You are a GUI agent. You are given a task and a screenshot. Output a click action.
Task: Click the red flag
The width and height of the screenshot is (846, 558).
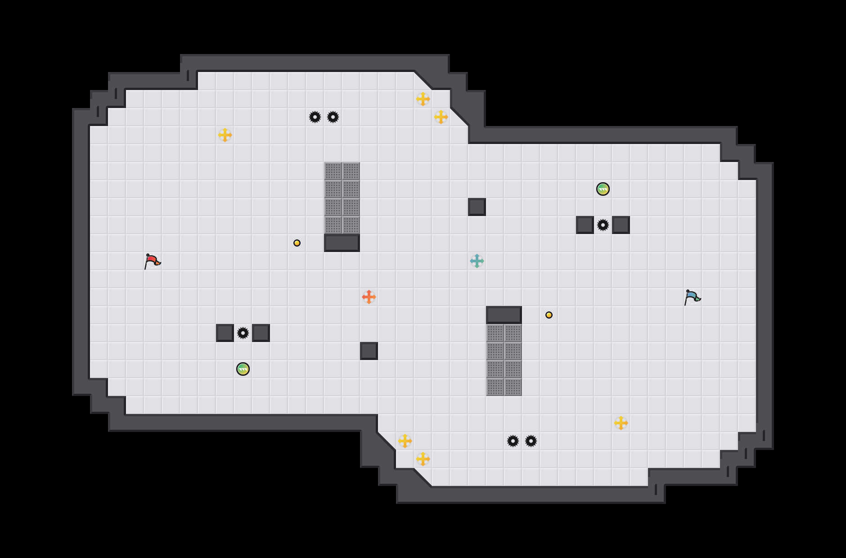click(152, 261)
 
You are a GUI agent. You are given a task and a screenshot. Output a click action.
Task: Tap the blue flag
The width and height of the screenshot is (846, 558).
click(692, 297)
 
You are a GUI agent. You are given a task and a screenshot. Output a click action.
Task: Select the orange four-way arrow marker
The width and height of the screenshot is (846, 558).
click(369, 297)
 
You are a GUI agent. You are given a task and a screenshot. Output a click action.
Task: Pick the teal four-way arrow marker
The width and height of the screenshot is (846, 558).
click(477, 261)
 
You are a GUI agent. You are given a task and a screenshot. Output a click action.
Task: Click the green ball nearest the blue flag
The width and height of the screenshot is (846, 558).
click(603, 189)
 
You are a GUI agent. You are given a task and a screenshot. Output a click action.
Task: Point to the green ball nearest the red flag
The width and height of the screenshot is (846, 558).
click(243, 369)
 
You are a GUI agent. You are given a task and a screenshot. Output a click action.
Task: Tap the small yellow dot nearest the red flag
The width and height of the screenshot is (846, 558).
click(297, 243)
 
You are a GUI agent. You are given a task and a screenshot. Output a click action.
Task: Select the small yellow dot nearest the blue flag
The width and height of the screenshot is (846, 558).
click(549, 315)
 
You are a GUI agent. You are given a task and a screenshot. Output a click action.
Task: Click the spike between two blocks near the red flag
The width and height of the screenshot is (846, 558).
click(243, 333)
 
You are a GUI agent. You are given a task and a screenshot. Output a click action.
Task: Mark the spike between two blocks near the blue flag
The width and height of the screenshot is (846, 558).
click(603, 225)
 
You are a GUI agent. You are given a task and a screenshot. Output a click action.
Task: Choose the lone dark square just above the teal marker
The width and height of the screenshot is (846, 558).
click(477, 207)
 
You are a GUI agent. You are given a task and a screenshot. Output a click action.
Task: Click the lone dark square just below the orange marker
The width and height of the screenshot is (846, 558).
click(369, 351)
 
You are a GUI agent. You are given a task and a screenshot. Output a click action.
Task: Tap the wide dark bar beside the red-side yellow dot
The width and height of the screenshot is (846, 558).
click(342, 243)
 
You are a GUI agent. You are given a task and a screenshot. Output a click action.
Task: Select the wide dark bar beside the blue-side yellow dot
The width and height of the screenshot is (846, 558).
click(504, 315)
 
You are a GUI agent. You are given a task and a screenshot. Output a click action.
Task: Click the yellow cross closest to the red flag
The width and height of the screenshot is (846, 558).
click(225, 135)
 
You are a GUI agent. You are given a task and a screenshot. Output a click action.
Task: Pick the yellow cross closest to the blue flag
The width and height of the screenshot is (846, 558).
click(621, 423)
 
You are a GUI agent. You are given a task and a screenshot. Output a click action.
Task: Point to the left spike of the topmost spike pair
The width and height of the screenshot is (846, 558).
click(315, 117)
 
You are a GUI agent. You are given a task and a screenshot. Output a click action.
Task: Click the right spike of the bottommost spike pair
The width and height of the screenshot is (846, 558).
click(531, 441)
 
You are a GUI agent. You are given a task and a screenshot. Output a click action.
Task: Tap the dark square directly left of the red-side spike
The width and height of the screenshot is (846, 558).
click(225, 333)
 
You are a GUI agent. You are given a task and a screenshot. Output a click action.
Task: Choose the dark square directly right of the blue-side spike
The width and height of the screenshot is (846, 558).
click(621, 225)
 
